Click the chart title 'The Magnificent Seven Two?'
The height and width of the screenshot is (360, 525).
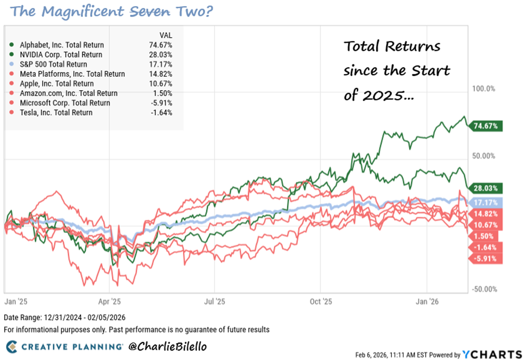coord(112,11)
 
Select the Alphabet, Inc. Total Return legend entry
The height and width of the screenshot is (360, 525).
coord(61,45)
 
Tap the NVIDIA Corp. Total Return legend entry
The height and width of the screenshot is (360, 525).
coord(61,55)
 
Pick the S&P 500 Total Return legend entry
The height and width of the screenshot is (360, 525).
coord(53,64)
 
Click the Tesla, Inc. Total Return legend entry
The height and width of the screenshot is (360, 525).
coord(56,112)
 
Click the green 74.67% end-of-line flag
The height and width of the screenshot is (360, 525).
coord(485,126)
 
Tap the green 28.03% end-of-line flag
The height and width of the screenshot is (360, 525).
coord(485,188)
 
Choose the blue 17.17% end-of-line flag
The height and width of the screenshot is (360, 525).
coord(485,203)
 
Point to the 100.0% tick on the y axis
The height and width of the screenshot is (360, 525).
coord(484,89)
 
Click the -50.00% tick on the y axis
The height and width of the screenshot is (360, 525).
coord(484,289)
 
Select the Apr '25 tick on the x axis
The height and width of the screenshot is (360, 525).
coord(109,301)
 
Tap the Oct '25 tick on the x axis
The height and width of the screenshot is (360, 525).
coord(321,301)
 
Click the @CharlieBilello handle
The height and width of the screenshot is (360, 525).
coord(167,346)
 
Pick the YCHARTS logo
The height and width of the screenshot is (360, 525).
coord(492,354)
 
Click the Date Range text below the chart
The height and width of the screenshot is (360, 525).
coord(65,317)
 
